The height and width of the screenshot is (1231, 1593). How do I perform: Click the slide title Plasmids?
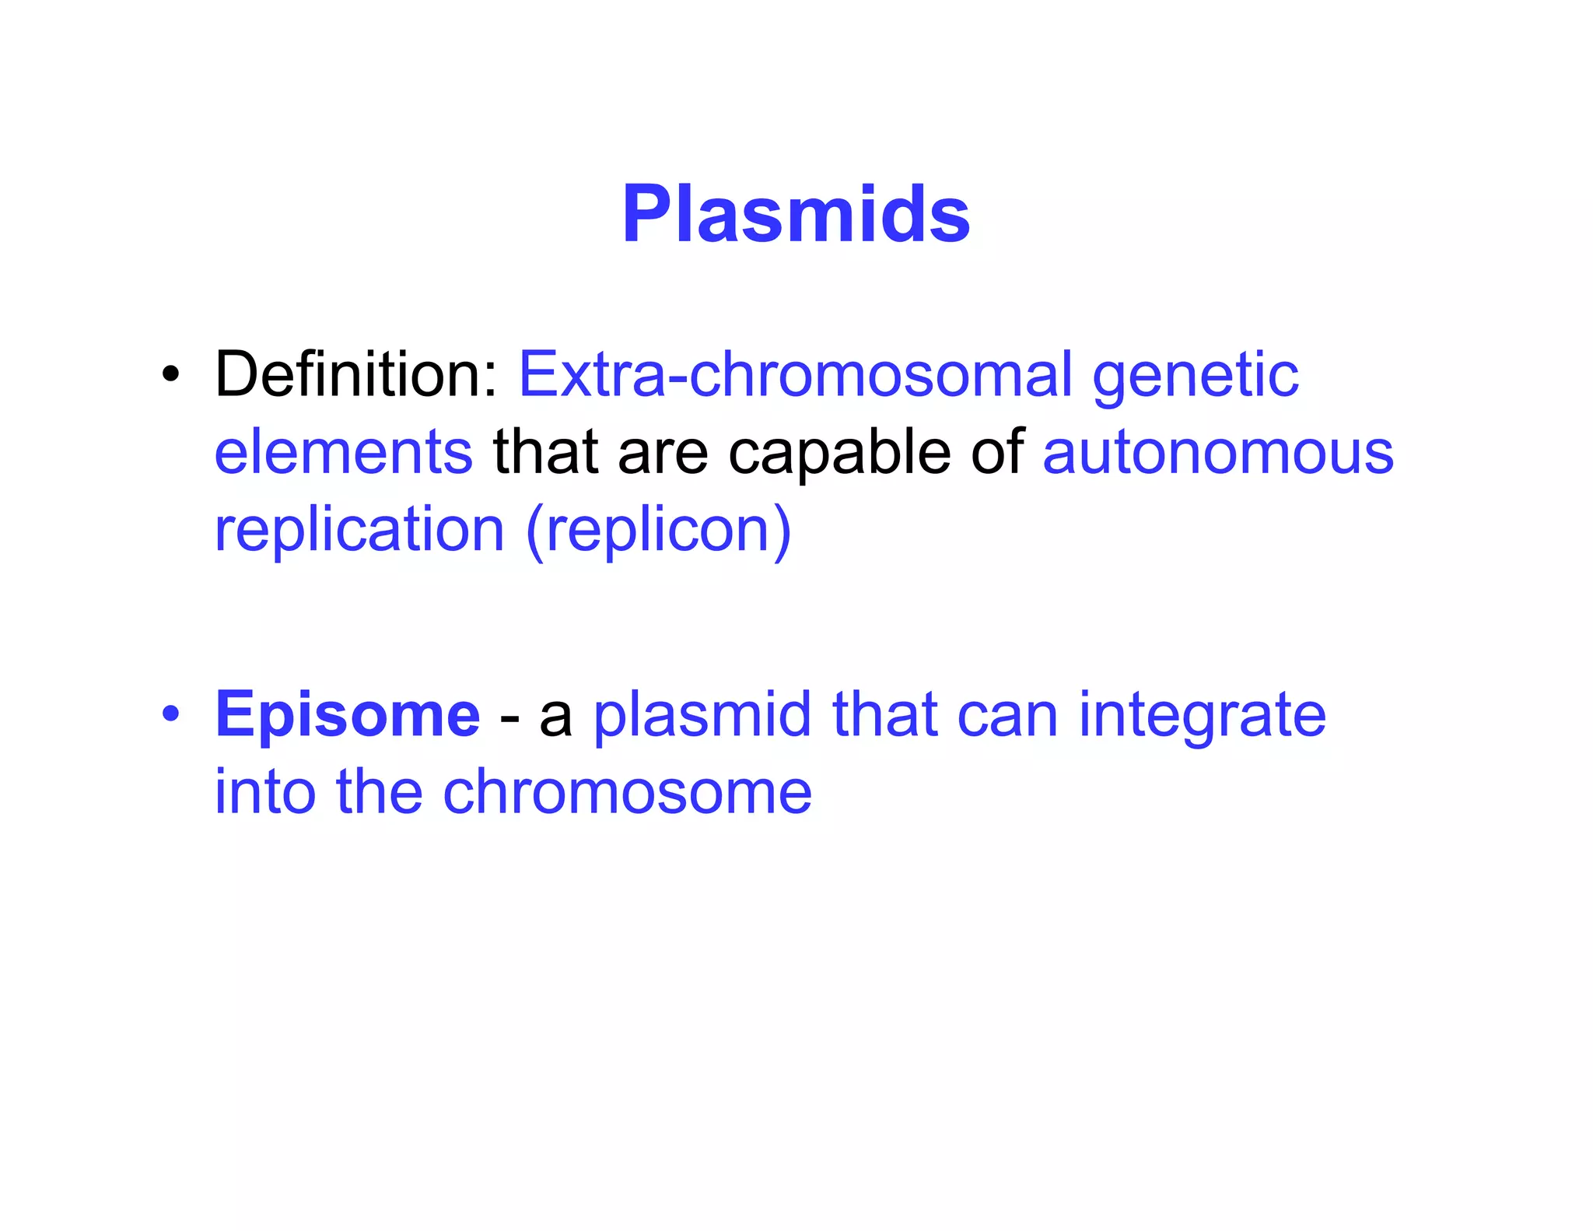click(x=796, y=214)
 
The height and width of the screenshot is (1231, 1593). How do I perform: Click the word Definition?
click(x=355, y=374)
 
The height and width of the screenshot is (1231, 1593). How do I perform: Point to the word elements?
click(x=343, y=452)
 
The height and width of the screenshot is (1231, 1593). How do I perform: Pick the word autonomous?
click(x=1217, y=454)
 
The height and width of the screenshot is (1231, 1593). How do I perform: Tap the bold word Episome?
click(x=347, y=716)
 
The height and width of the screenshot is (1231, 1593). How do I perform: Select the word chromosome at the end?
click(x=627, y=792)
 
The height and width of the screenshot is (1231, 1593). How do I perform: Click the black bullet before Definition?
click(x=170, y=374)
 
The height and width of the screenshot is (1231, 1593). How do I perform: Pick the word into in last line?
click(x=264, y=792)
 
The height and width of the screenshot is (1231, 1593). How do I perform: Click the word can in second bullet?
click(x=1007, y=716)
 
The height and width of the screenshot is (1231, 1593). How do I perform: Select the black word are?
click(x=662, y=454)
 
